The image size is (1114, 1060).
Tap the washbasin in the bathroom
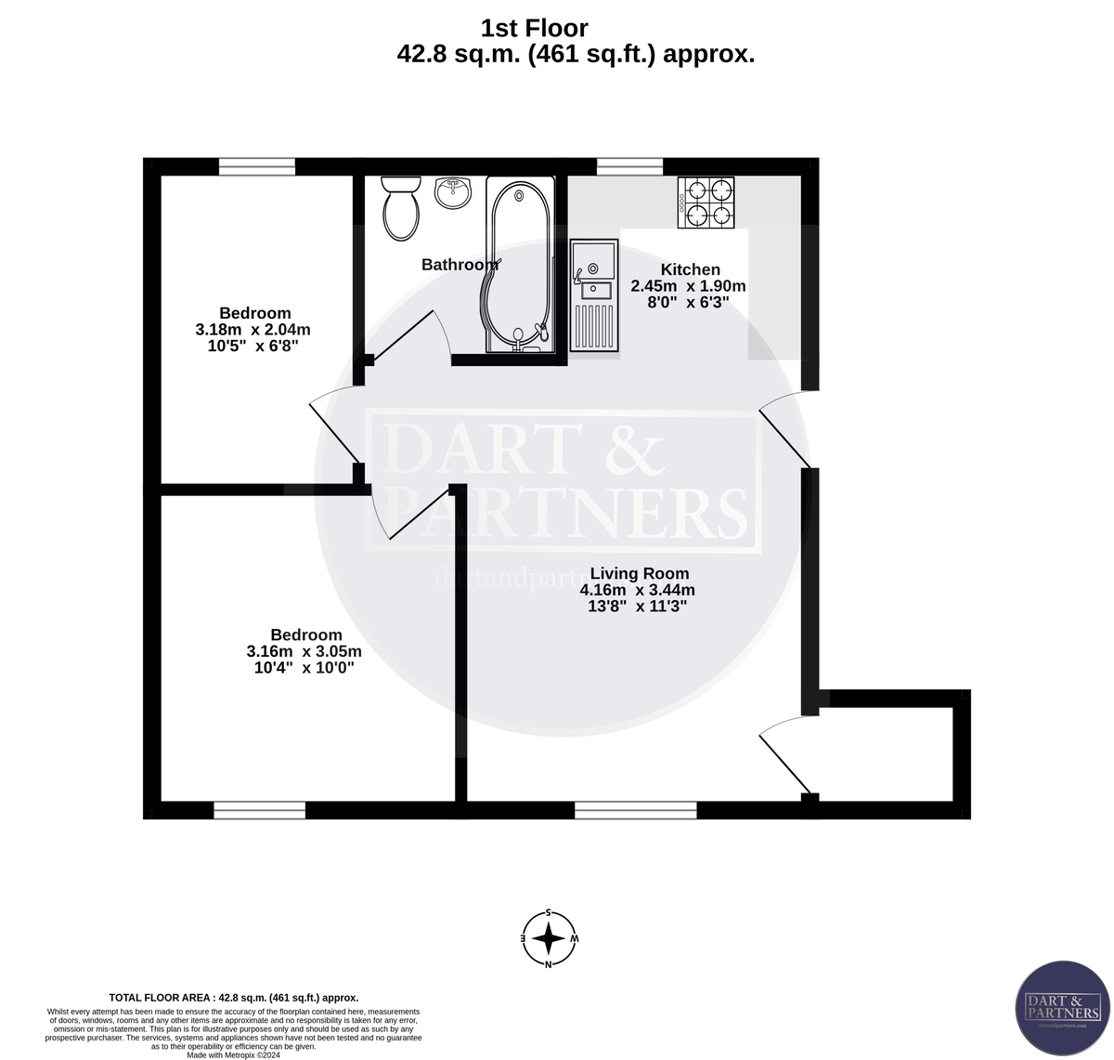[453, 193]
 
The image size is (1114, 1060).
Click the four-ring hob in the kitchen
[706, 203]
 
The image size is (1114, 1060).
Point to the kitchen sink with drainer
[593, 295]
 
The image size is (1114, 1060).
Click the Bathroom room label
[460, 265]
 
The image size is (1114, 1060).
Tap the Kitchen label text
[690, 269]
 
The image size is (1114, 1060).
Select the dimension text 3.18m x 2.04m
[253, 330]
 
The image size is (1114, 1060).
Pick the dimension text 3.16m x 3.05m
[304, 651]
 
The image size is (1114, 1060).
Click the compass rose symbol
[550, 938]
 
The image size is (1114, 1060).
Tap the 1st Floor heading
[534, 29]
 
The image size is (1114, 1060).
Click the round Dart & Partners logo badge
[1063, 1008]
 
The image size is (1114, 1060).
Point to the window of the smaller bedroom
[257, 166]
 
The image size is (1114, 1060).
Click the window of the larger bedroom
[259, 810]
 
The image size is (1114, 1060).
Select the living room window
[635, 810]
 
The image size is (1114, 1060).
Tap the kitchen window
[629, 166]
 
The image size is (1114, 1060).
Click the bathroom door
[408, 339]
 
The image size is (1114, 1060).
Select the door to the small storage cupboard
[782, 757]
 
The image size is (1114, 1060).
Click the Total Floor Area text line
[233, 997]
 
